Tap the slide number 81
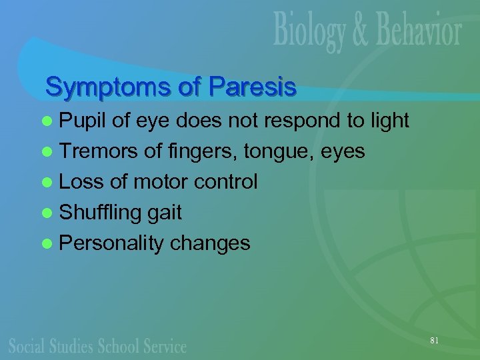(434, 341)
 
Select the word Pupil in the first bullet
(83, 121)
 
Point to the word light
(386, 121)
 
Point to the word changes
(210, 243)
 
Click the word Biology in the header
(311, 33)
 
